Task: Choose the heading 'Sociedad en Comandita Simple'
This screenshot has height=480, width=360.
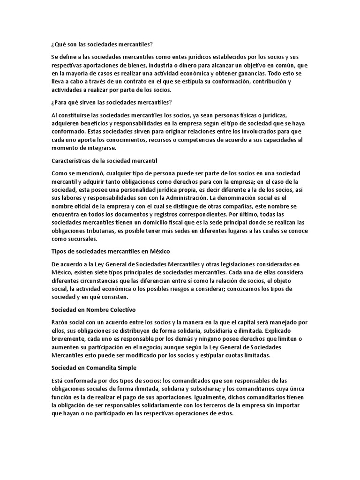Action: [x=93, y=367]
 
